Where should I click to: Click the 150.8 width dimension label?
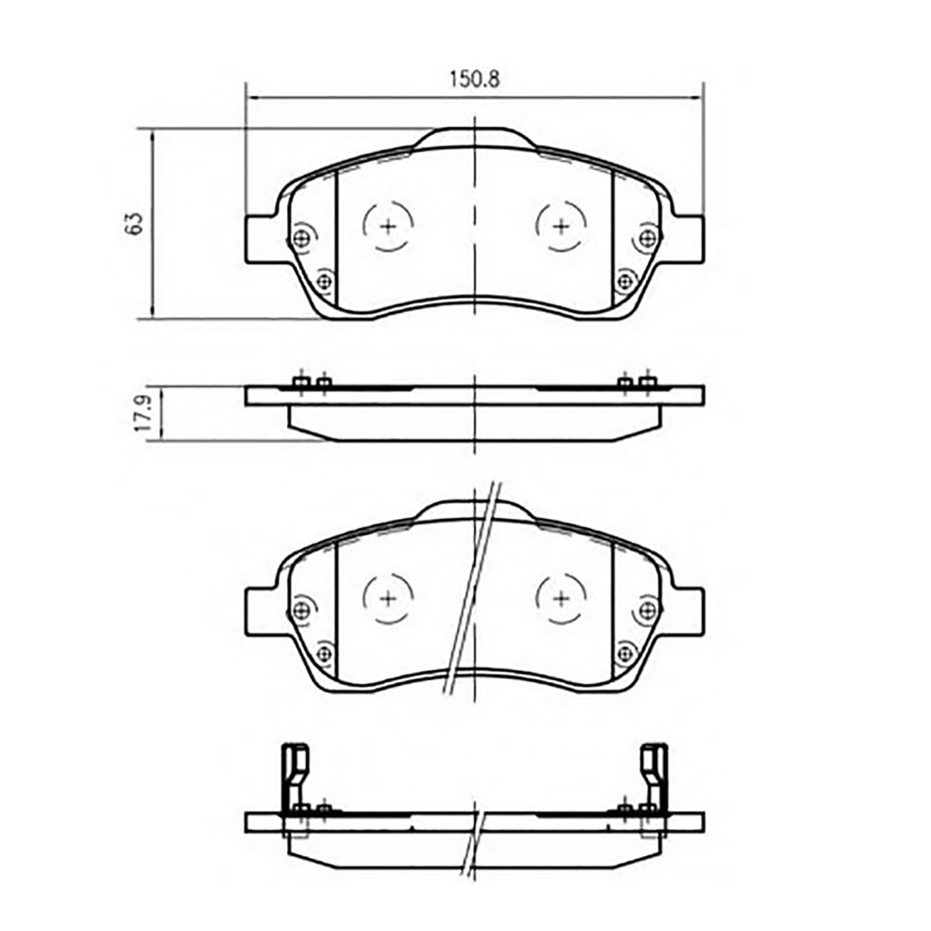[475, 80]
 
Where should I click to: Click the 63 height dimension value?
[136, 223]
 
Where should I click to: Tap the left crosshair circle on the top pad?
[388, 226]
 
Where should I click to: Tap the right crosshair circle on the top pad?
[562, 226]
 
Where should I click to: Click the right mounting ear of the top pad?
[687, 239]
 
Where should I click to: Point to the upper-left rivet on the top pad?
[303, 237]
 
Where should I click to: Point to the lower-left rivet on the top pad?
[324, 281]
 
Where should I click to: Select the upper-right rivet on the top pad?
[647, 237]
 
